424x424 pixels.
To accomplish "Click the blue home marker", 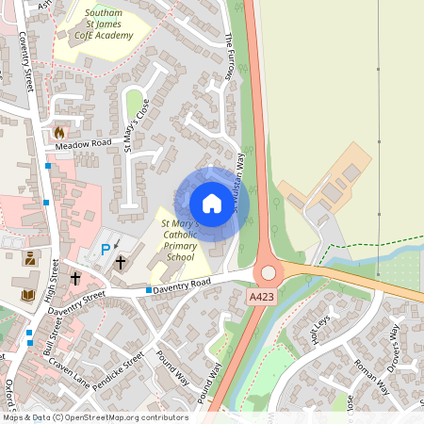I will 212,203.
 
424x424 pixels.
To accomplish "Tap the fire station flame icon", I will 60,133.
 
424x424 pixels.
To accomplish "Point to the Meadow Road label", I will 82,144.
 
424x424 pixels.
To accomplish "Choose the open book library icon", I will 27,296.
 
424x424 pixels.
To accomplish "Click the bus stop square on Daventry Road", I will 149,290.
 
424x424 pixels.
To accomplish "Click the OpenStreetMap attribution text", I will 94,416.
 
